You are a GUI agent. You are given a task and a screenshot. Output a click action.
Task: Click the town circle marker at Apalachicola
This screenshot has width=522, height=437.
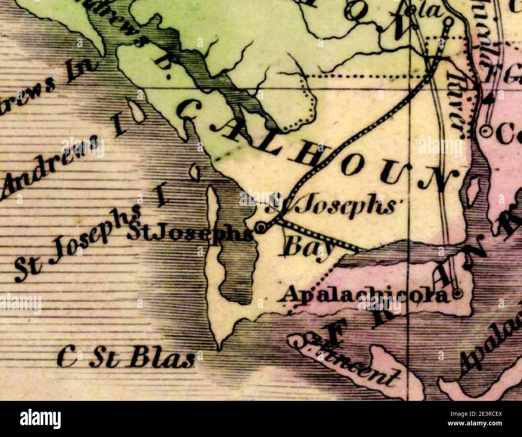click(457, 295)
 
